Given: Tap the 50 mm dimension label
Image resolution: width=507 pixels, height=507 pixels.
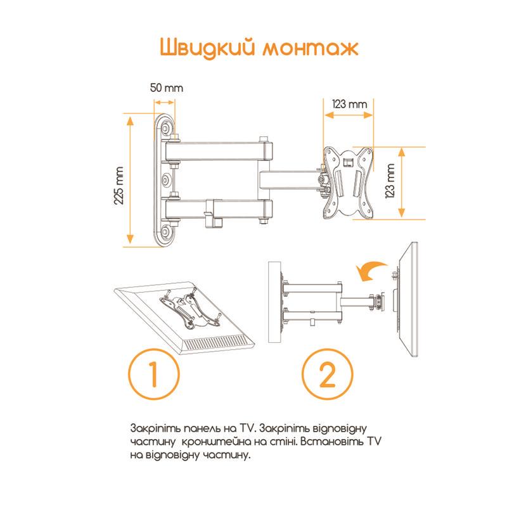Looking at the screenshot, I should [166, 88].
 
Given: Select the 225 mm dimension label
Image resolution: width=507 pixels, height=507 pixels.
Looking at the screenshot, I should [119, 184].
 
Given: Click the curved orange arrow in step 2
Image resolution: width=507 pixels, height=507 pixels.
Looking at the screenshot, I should [370, 271].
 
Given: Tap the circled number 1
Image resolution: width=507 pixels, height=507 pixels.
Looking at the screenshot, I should [153, 376].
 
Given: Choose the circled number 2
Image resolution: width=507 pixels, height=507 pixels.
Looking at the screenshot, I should [326, 376].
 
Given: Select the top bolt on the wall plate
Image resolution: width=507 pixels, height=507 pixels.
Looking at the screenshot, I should [167, 129].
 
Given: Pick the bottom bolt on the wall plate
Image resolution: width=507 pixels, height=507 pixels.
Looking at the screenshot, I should [167, 229].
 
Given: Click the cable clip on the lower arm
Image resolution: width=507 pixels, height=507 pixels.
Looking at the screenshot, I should [215, 215].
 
